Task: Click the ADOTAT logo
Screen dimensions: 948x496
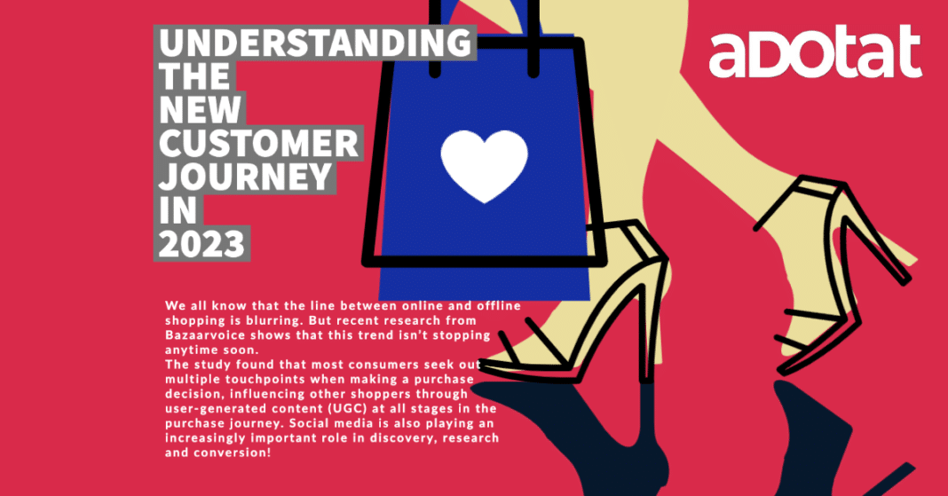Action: pos(815,52)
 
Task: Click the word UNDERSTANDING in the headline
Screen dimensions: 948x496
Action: pos(315,43)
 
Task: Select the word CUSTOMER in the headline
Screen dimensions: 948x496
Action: pos(259,144)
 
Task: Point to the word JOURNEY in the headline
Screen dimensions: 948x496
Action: pos(246,177)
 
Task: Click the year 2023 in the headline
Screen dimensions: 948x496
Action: pos(201,245)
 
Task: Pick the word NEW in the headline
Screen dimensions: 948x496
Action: pos(200,110)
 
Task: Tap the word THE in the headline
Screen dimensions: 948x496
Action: pos(194,76)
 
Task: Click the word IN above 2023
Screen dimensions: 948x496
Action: pos(178,211)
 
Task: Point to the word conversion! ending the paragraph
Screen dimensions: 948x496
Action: pos(233,453)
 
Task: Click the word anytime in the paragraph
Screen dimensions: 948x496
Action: pos(190,350)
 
